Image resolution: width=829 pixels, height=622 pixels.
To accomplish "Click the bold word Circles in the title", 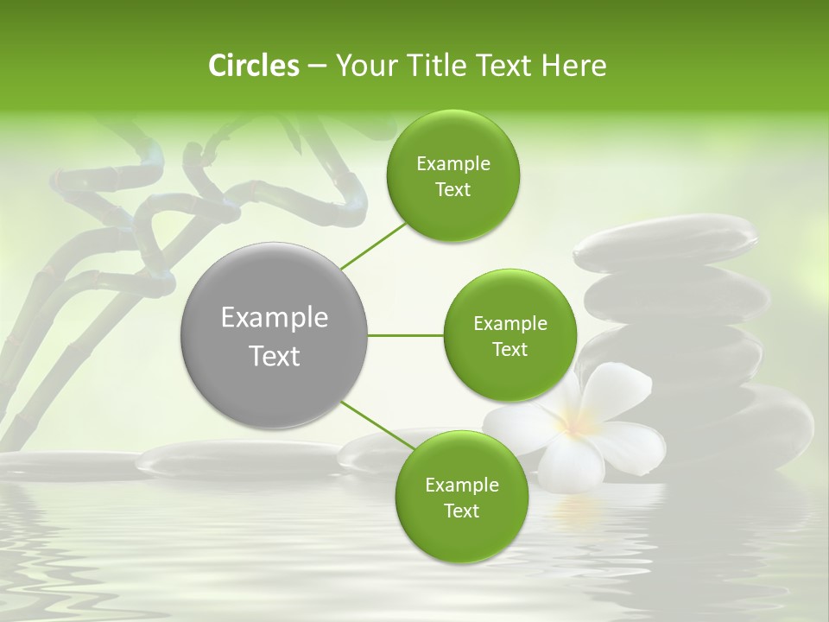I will pos(253,66).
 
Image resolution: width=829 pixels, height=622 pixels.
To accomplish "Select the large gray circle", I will pos(275,335).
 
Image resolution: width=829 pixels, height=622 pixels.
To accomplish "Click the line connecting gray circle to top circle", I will pos(373,244).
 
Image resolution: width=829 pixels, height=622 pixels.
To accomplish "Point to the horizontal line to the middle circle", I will pos(406,335).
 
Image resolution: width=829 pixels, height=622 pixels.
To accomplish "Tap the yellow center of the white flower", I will pos(573,423).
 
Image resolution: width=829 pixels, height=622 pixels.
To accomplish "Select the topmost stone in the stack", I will pos(665,242).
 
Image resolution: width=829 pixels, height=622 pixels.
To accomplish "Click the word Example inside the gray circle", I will pos(275,318).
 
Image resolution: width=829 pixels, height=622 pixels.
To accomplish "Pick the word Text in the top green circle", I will pos(452,190).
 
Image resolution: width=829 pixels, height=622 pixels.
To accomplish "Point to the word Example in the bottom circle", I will pos(461,486).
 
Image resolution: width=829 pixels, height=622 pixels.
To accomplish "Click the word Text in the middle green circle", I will pos(509,350).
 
